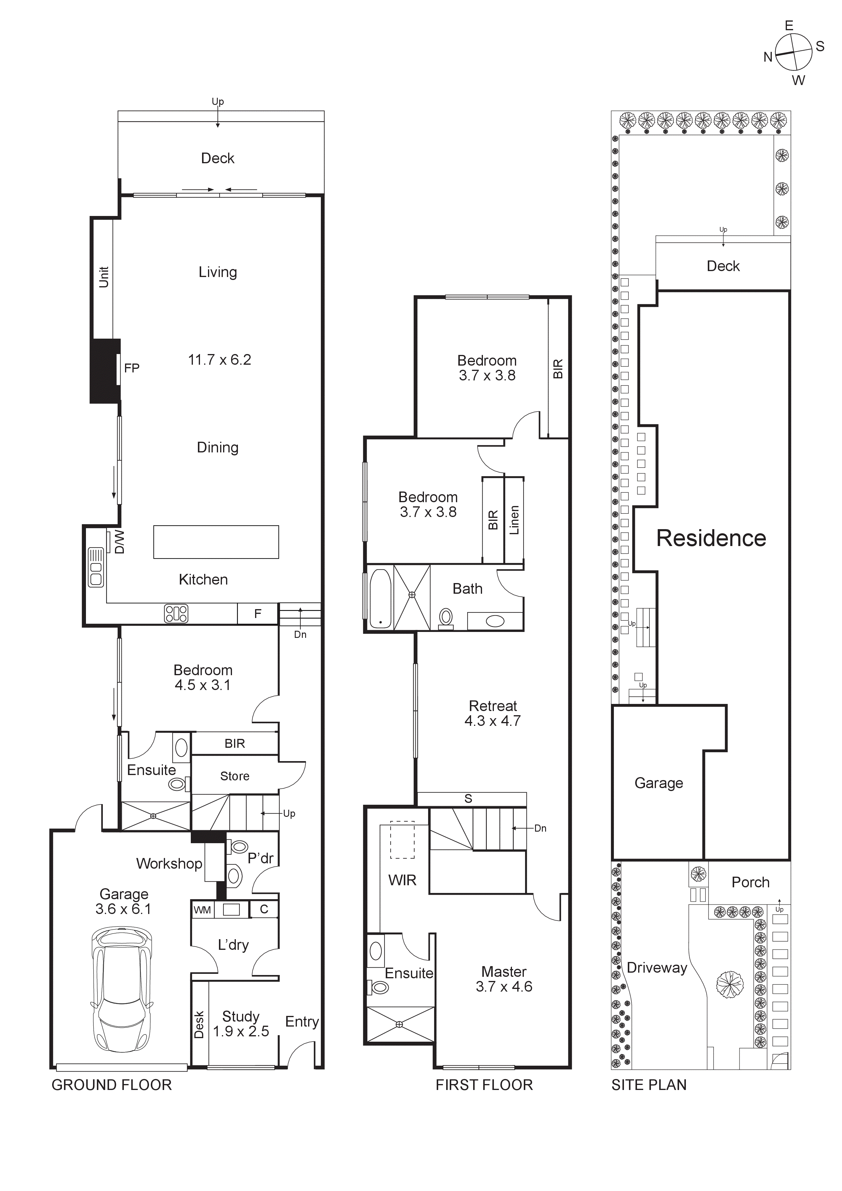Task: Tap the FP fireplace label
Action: pyautogui.click(x=132, y=368)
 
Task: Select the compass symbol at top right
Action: pyautogui.click(x=793, y=52)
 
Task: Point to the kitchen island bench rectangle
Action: pyautogui.click(x=216, y=542)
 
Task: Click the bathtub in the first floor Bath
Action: pyautogui.click(x=380, y=599)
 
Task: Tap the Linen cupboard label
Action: pyautogui.click(x=514, y=520)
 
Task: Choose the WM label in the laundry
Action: pyautogui.click(x=202, y=910)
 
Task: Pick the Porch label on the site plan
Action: pyautogui.click(x=750, y=882)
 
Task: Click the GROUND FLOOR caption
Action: pyautogui.click(x=111, y=1085)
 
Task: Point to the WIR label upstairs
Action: pyautogui.click(x=402, y=880)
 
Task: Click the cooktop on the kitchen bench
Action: pyautogui.click(x=176, y=614)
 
